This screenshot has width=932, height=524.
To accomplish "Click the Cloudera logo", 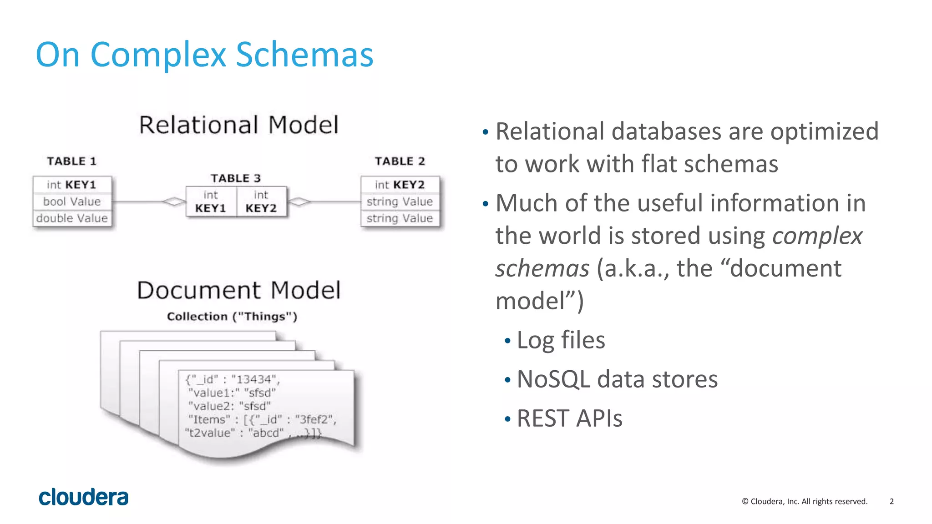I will coord(83,497).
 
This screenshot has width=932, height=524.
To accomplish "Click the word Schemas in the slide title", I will coord(304,55).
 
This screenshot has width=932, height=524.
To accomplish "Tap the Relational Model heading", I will coord(239,125).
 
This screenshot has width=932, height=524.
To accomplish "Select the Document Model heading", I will coord(239,290).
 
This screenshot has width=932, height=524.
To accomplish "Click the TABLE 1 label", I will coord(72,161).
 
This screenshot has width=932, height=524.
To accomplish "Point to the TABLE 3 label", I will coord(236,178).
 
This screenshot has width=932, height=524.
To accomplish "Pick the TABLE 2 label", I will coord(400,161).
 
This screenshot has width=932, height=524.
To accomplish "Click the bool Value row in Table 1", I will coord(72,202).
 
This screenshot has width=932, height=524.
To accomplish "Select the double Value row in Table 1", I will coord(72,218).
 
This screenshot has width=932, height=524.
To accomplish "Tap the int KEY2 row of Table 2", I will coord(400,185).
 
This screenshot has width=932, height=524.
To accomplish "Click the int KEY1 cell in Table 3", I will coord(211,202).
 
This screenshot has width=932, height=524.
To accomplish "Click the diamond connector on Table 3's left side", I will coord(174,201).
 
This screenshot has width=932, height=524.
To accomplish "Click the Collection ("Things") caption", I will coord(232,317).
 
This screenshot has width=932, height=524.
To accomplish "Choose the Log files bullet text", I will coord(561,340).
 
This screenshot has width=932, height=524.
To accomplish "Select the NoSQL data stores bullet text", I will coord(617,379).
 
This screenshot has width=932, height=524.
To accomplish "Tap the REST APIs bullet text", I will coord(569,418).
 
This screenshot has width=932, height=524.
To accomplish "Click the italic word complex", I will coord(817,236).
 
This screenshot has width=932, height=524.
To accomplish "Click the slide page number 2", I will coord(891,501).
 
